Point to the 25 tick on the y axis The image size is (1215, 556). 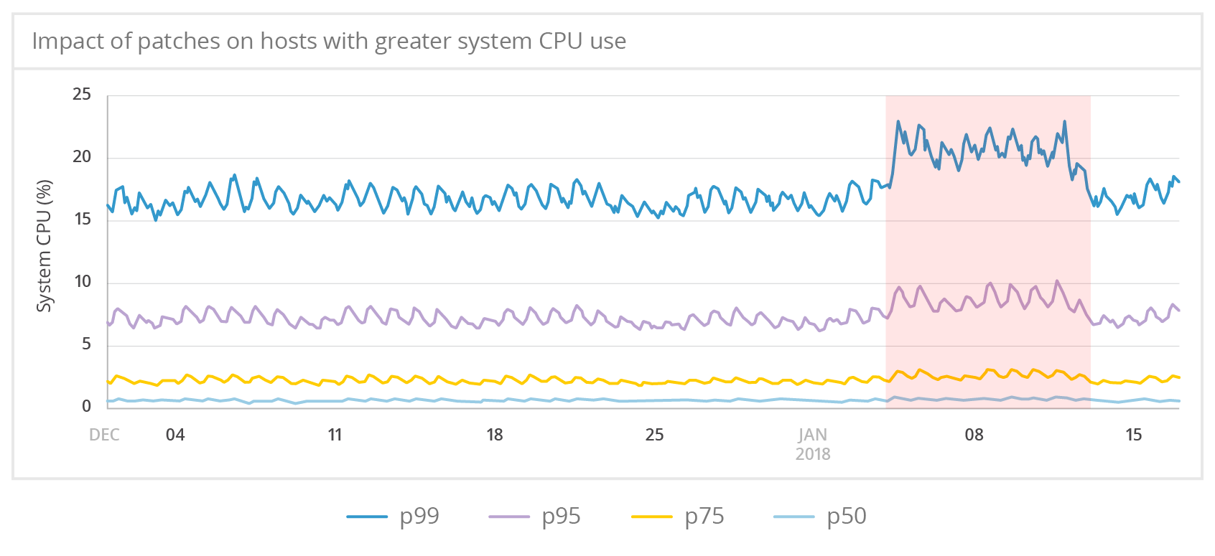point(82,95)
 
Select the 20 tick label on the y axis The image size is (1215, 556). point(82,157)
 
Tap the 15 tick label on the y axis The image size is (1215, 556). point(82,220)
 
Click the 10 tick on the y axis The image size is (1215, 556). point(82,282)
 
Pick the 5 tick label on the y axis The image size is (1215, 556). point(86,344)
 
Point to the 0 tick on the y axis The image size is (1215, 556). point(86,407)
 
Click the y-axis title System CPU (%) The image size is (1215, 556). point(45,246)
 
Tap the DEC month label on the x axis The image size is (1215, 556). point(104,435)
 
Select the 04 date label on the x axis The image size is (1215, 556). point(175,435)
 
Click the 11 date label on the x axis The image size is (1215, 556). point(335,435)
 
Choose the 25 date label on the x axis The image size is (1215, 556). point(654,435)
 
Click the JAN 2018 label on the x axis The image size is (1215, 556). point(813,444)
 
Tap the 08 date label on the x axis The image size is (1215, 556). point(974,435)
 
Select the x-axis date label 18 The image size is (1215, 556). point(495,435)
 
